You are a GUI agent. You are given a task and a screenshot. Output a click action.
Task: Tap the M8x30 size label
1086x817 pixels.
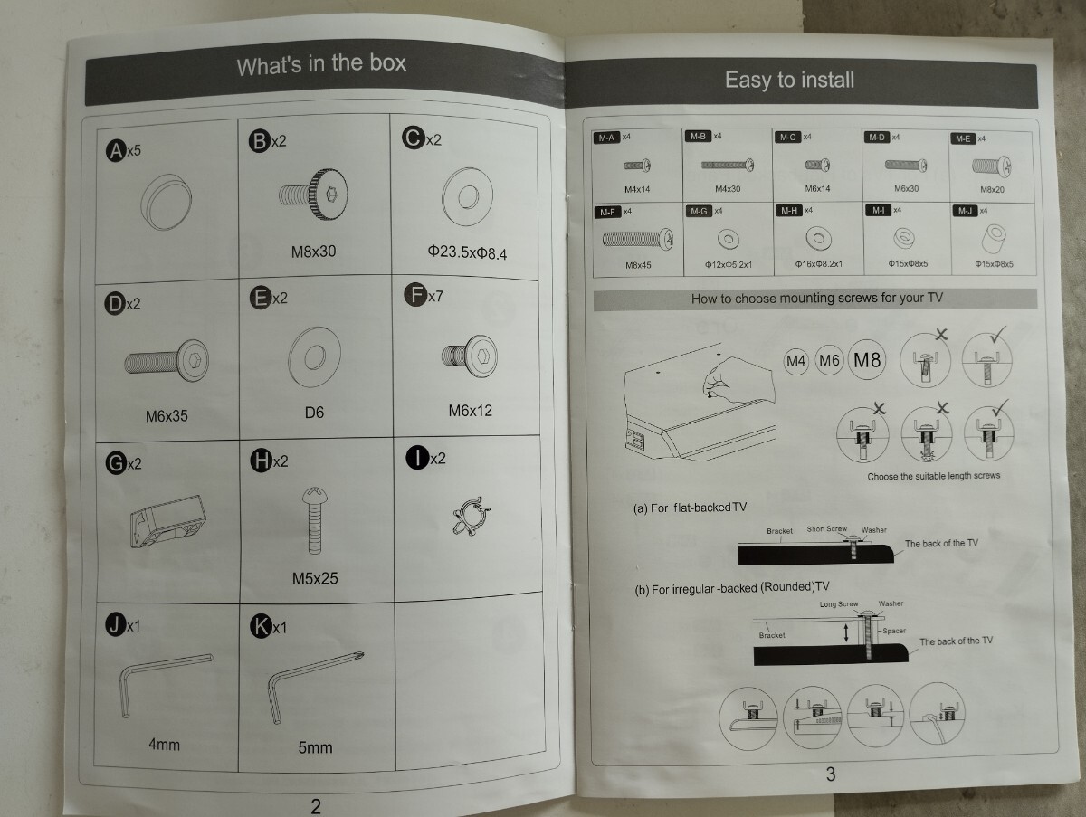[x=313, y=251]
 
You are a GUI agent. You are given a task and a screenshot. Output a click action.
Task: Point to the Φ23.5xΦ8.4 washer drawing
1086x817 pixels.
[x=467, y=197]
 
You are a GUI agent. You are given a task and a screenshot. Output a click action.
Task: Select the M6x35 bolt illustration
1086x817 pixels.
[x=167, y=361]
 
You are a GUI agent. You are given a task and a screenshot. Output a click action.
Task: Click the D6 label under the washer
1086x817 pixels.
[x=314, y=413]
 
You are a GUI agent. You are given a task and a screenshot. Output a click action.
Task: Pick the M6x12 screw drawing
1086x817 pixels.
[x=469, y=356]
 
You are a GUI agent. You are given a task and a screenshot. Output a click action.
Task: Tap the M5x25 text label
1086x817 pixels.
[x=315, y=577]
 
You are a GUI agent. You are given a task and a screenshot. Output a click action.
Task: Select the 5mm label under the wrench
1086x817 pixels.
[x=315, y=747]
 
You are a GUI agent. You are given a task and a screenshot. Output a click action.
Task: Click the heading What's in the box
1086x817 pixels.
[x=321, y=65]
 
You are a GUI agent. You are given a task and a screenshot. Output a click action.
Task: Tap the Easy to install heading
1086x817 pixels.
[x=789, y=80]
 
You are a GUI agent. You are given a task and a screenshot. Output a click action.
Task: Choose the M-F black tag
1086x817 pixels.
[x=606, y=212]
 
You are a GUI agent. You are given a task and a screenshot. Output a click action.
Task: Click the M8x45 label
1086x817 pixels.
[x=638, y=266]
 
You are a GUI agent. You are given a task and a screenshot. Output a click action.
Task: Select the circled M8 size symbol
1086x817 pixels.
[x=867, y=360]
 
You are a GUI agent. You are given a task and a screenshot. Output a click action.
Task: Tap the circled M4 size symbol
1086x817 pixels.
[x=795, y=361]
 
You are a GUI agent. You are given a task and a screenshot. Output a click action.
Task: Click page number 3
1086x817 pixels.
[x=831, y=774]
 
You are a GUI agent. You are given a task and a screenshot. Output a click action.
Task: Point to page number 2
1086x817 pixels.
[x=315, y=806]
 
